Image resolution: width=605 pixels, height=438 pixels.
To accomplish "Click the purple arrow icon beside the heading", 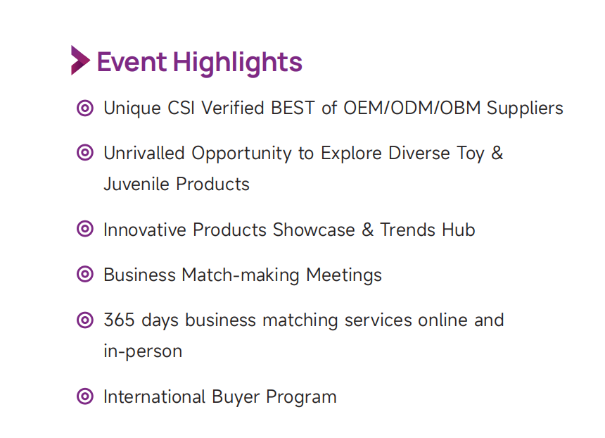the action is point(80,61).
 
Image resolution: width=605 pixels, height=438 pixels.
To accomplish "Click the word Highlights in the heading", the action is point(237,63).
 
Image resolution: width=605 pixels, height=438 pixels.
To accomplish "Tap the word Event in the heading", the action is point(132,62).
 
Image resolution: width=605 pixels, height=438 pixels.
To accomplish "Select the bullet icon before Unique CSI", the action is point(85,108).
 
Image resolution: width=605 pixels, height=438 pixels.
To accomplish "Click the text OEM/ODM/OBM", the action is point(412,108).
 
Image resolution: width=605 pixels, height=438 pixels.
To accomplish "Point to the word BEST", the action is point(293,108).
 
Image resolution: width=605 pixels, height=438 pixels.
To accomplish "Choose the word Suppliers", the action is point(525,108).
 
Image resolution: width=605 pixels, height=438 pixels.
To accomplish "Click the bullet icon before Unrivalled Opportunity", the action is point(85,153).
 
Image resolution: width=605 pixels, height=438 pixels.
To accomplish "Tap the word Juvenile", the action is point(136,184).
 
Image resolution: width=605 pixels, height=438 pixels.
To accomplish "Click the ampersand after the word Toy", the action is point(497,153).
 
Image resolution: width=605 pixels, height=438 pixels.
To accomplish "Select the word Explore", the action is point(351,154).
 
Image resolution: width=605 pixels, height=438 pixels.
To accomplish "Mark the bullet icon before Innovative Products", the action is point(85,229).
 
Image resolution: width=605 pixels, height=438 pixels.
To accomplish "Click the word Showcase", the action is point(314,230).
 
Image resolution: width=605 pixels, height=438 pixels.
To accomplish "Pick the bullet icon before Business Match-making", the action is point(85,275).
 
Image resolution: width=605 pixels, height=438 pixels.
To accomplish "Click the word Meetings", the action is point(344,276).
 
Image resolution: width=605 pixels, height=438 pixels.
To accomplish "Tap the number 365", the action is point(119,320).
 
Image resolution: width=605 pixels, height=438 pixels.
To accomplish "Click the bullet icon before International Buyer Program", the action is point(85,396).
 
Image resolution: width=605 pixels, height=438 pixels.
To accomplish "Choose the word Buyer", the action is point(236,397).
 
